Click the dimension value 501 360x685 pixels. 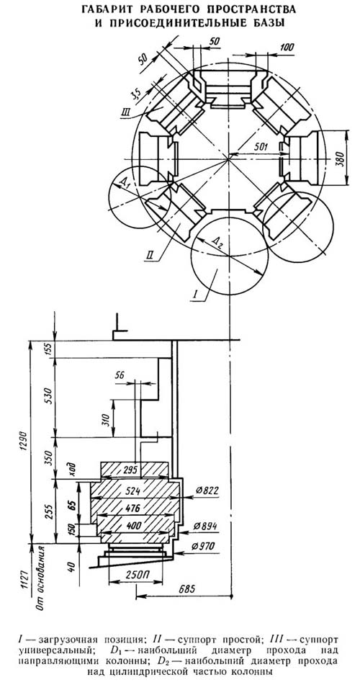(x=261, y=146)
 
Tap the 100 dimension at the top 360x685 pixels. (x=287, y=48)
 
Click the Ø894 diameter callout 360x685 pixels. (x=206, y=526)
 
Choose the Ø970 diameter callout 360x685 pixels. (x=206, y=546)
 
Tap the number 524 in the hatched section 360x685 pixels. (x=135, y=491)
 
